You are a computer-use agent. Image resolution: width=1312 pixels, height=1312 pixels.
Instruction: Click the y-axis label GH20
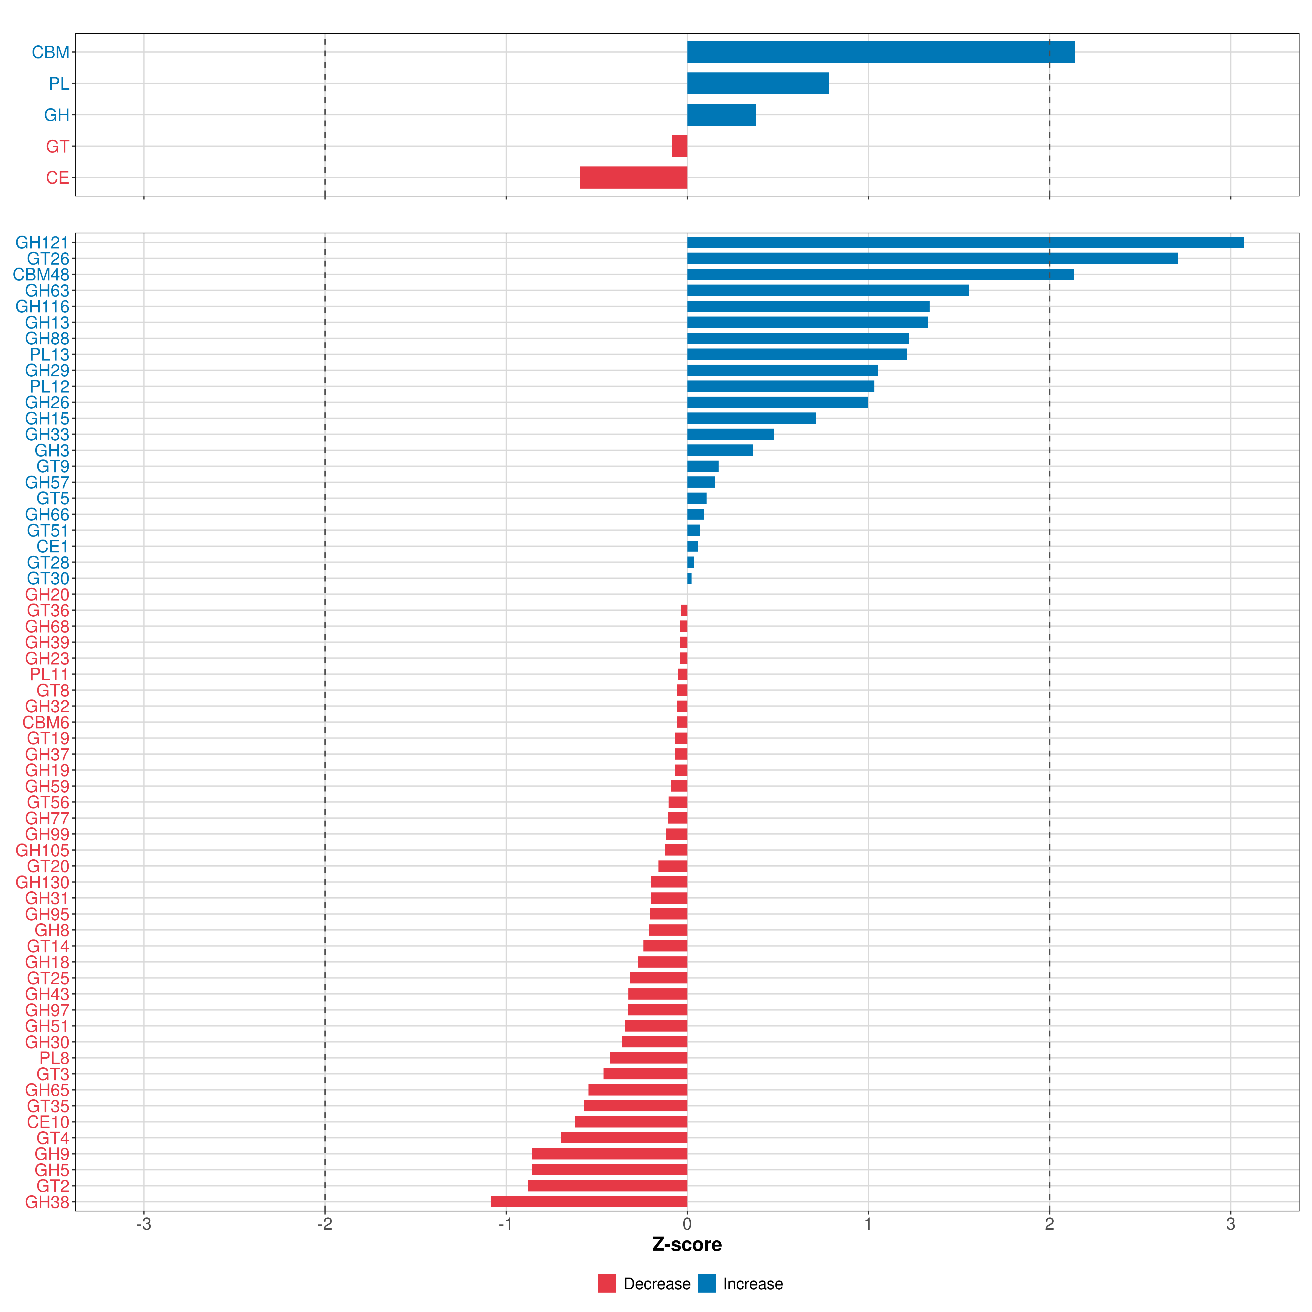pyautogui.click(x=47, y=594)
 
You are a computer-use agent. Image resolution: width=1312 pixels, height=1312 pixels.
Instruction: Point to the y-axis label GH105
pyautogui.click(x=42, y=850)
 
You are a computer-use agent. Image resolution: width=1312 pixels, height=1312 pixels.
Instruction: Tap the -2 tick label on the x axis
pyautogui.click(x=325, y=1225)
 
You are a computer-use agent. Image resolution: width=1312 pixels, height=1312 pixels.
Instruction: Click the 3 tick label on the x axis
pyautogui.click(x=1231, y=1225)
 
